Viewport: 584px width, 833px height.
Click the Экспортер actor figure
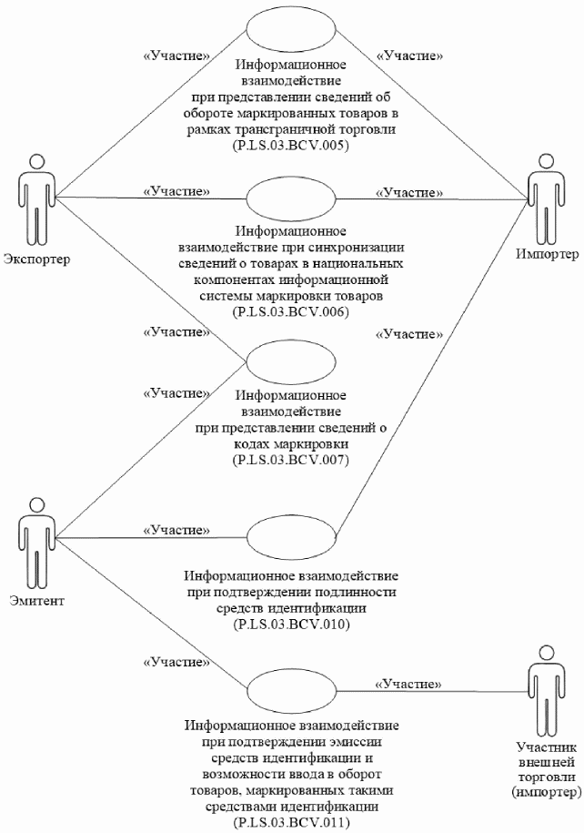pyautogui.click(x=36, y=199)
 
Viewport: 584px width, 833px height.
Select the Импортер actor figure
pyautogui.click(x=545, y=198)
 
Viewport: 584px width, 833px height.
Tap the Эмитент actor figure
pyautogui.click(x=36, y=543)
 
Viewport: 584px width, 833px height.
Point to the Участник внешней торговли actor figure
pyautogui.click(x=545, y=690)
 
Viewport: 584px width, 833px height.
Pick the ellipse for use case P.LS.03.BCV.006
pyautogui.click(x=291, y=198)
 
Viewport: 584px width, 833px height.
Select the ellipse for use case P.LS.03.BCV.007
pyautogui.click(x=291, y=361)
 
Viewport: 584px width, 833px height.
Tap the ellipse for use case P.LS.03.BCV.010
pyautogui.click(x=291, y=537)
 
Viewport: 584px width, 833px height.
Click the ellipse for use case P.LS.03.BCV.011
pyautogui.click(x=291, y=691)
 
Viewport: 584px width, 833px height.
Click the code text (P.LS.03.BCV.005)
pyautogui.click(x=291, y=146)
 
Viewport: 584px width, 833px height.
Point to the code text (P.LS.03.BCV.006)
pyautogui.click(x=291, y=312)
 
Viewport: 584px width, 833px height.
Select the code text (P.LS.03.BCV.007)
pyautogui.click(x=291, y=460)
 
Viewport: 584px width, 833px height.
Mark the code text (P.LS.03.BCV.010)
pyautogui.click(x=291, y=625)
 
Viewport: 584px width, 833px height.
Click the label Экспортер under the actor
pyautogui.click(x=36, y=259)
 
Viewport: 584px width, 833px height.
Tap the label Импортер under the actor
pyautogui.click(x=548, y=255)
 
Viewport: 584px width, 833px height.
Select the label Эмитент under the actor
pyautogui.click(x=36, y=601)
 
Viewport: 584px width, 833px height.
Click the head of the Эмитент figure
pyautogui.click(x=36, y=504)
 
